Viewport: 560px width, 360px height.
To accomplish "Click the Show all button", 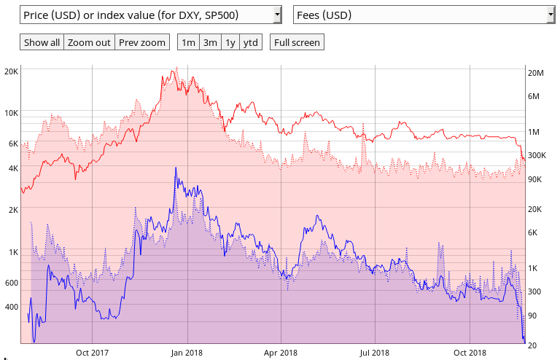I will [42, 42].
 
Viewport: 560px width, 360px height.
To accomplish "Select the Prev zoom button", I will [142, 42].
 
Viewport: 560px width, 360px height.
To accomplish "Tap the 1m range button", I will [188, 42].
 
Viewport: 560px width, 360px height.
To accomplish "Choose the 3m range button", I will [210, 42].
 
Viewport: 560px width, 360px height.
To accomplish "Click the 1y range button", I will [230, 42].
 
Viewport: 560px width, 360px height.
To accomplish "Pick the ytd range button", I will [250, 42].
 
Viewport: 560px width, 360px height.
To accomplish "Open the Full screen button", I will [296, 42].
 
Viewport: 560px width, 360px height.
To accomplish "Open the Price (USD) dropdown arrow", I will [276, 15].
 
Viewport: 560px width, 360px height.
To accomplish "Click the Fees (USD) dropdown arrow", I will [551, 15].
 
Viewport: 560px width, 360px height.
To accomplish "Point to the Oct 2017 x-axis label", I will [92, 352].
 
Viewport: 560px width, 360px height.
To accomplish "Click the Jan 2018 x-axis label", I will [186, 352].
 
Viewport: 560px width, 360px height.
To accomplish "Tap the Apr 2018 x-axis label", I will [281, 352].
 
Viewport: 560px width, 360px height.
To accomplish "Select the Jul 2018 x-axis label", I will [374, 352].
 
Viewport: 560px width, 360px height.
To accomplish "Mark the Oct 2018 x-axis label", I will [470, 352].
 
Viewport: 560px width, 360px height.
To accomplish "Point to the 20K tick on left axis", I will [11, 71].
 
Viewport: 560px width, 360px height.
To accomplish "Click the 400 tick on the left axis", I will [11, 307].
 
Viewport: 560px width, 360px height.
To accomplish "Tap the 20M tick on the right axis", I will [536, 73].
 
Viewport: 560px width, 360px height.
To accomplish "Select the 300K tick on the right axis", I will [537, 155].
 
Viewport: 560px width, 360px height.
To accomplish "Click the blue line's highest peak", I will [175, 168].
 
